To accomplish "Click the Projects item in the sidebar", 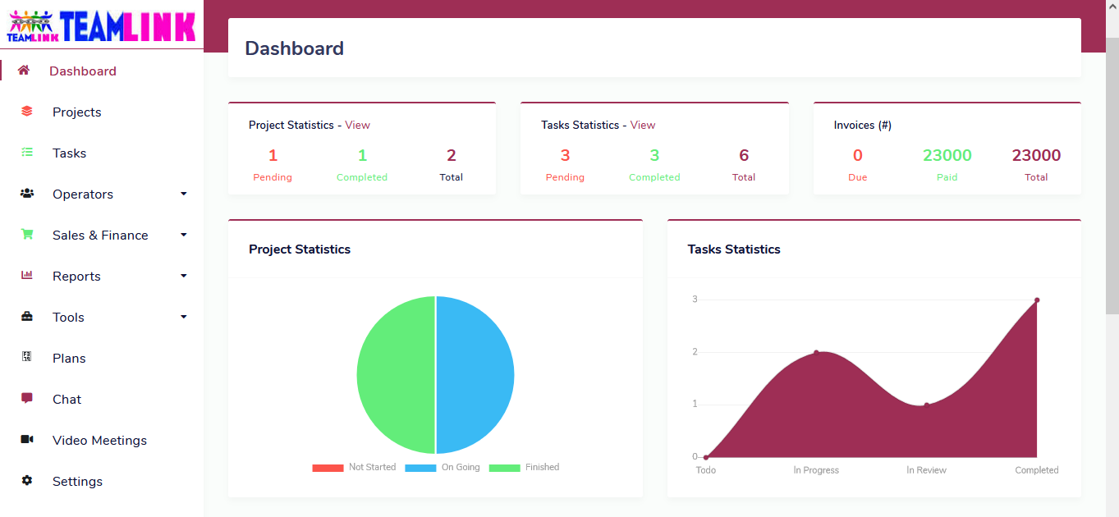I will [76, 112].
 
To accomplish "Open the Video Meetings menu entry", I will [99, 441].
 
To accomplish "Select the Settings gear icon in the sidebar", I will [27, 481].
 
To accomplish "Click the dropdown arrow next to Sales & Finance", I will [184, 236].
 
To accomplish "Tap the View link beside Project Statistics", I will [357, 126].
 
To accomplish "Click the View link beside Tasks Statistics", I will [643, 126].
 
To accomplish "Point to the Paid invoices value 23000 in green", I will [947, 156].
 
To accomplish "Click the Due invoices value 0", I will [857, 156].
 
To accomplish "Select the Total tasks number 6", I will [744, 156].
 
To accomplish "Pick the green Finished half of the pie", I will [396, 375].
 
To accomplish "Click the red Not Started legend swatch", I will [328, 468].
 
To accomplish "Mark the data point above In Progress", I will [816, 352].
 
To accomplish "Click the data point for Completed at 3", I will [1037, 300].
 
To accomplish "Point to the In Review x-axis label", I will [926, 470].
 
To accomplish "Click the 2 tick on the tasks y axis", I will [695, 352].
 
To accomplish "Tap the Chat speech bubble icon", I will [27, 399].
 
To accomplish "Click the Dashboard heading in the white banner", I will [295, 48].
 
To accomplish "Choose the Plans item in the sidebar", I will [69, 359].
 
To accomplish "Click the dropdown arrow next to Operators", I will [184, 194].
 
